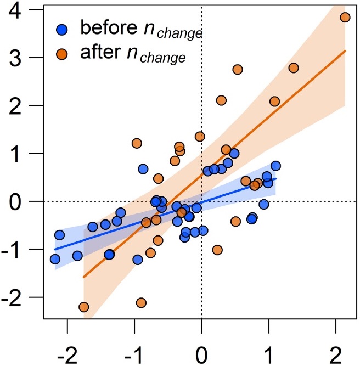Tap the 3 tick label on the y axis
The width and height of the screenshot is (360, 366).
click(22, 58)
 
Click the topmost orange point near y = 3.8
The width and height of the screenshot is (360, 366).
click(345, 17)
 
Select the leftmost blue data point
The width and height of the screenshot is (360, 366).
click(55, 259)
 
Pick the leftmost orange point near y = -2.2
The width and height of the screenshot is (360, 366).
click(84, 307)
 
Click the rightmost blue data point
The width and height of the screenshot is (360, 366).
click(275, 166)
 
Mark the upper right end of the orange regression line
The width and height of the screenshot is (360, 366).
click(345, 50)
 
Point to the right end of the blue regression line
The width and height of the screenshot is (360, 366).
click(275, 178)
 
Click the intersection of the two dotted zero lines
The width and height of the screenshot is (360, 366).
click(202, 201)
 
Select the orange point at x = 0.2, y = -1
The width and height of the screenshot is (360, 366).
click(217, 250)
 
